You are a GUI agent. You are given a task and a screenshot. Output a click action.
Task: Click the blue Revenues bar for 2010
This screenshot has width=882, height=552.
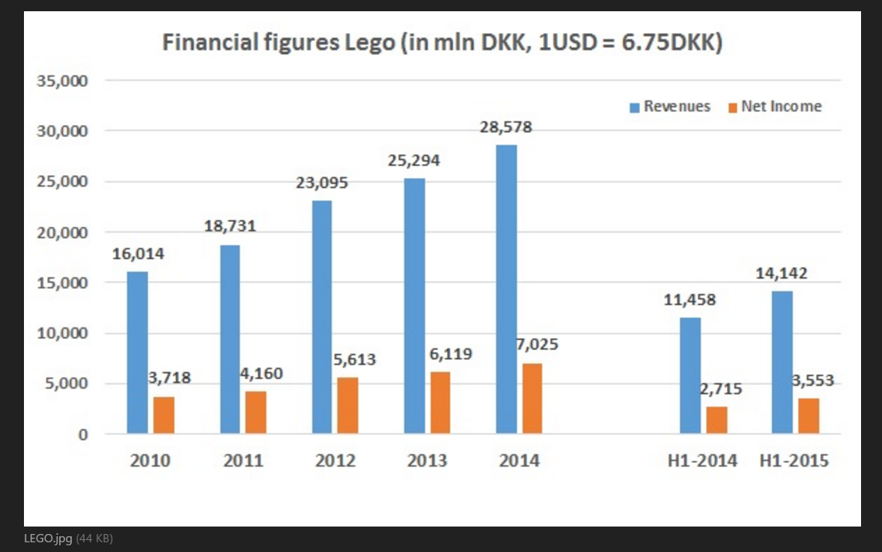(x=137, y=352)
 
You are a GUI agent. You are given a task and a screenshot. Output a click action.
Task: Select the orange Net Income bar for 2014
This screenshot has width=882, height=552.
(x=532, y=398)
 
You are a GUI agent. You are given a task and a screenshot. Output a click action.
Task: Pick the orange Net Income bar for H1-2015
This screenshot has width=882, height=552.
(x=809, y=416)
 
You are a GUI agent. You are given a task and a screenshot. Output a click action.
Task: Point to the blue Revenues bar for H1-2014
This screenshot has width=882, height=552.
(x=690, y=375)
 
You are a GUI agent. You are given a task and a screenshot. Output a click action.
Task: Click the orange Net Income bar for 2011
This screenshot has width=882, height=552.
(x=256, y=412)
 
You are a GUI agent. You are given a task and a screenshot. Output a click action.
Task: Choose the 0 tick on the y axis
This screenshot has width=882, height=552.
(x=84, y=434)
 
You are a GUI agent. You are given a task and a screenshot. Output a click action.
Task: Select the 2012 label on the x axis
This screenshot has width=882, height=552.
(x=335, y=460)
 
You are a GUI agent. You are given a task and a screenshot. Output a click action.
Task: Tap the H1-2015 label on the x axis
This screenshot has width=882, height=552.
(x=794, y=460)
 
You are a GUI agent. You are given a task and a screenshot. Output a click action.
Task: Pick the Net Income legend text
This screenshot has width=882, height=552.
(x=781, y=106)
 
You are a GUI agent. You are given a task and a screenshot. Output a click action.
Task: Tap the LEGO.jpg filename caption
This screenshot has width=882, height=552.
(x=48, y=538)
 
